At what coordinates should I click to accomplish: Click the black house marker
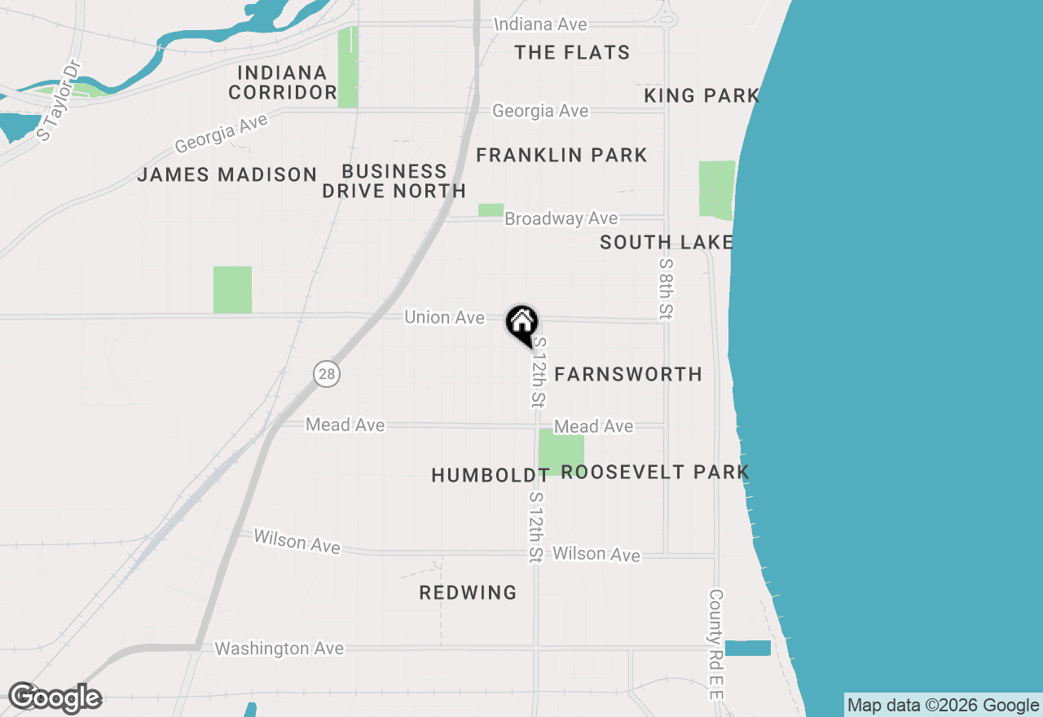tap(521, 323)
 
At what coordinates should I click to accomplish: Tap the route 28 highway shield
tap(326, 374)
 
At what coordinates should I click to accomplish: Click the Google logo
tap(55, 698)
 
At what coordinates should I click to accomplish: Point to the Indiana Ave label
tap(541, 25)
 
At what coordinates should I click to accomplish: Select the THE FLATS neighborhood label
tap(572, 53)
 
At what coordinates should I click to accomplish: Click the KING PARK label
tap(702, 96)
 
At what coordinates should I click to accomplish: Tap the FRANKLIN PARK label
tap(561, 155)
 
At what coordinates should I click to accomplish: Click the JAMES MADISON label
tap(227, 174)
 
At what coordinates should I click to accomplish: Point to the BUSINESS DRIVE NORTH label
tap(394, 182)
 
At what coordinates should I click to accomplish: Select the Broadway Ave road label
tap(561, 219)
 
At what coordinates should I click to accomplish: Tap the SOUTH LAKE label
tap(667, 242)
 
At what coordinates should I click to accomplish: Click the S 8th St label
tap(667, 289)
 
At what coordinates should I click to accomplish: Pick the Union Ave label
tap(444, 318)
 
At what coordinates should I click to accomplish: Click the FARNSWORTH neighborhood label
tap(628, 375)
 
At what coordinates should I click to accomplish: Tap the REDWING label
tap(468, 593)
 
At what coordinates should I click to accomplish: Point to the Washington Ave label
tap(279, 649)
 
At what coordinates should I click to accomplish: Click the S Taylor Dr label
tap(59, 101)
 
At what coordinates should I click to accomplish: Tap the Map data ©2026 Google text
tap(943, 706)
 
